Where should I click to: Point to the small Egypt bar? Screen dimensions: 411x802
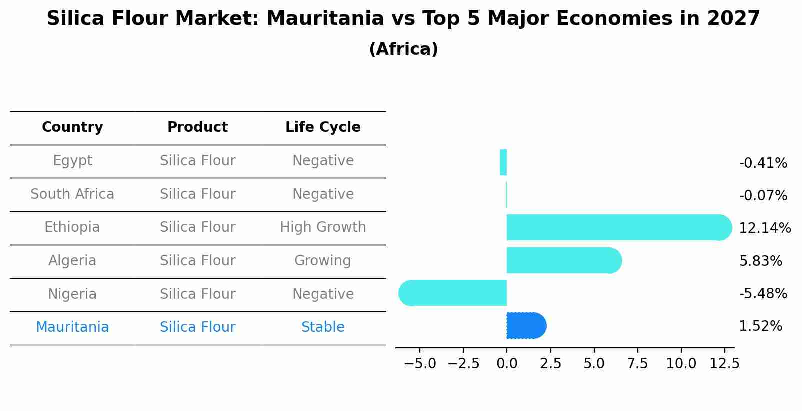pos(503,162)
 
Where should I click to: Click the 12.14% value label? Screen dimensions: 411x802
pos(764,228)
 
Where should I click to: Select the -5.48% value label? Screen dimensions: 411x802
pos(763,294)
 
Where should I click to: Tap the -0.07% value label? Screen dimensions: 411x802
pos(763,196)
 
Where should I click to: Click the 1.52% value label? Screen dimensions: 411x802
pos(760,326)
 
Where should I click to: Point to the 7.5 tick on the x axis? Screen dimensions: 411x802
pos(637,364)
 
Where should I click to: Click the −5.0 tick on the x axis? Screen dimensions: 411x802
pos(420,364)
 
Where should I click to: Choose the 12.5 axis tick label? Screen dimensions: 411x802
pos(724,364)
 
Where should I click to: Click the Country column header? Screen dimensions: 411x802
pos(72,127)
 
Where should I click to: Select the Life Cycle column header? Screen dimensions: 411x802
pos(323,127)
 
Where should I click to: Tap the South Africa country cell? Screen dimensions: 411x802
pos(72,194)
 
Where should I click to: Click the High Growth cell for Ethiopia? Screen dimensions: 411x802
pos(323,227)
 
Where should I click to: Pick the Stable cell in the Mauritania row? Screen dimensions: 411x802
pos(323,327)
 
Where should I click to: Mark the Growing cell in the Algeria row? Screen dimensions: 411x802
pos(323,261)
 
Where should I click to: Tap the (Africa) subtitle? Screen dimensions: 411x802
pos(403,49)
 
